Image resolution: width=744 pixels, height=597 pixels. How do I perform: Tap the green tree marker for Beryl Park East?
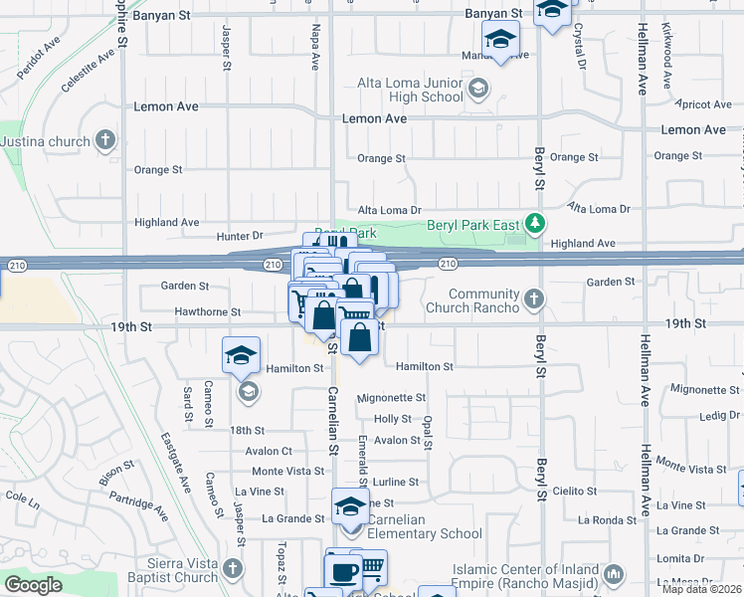point(536,223)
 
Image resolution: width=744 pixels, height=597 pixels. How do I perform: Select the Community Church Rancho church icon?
point(534,298)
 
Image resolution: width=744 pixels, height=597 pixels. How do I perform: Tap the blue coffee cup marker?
point(344,572)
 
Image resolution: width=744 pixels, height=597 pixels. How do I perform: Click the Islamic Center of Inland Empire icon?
point(613,574)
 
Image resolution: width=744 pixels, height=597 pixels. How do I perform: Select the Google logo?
point(32,585)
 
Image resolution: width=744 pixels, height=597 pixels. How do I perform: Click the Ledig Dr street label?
point(720,415)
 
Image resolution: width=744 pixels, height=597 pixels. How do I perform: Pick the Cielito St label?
point(574,491)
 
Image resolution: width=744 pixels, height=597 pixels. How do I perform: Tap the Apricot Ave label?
point(702,103)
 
